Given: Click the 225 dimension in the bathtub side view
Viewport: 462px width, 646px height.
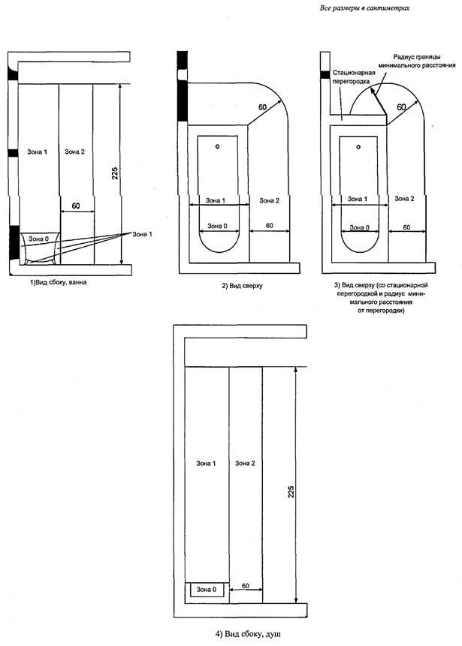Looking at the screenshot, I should coord(125,173).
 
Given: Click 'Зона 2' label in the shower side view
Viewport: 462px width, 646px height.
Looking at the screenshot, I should coord(245,463).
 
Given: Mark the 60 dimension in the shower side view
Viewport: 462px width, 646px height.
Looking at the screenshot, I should coord(245,584).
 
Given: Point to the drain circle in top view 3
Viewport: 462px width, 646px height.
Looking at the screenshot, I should coord(359,146).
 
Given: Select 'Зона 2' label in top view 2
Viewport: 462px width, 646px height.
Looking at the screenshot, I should coord(268,200).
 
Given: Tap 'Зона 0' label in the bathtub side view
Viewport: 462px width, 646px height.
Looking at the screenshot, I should coord(36,238).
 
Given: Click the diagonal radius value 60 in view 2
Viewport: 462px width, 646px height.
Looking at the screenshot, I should coord(262,108).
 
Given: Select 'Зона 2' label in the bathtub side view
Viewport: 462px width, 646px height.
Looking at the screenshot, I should coord(74,152).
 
